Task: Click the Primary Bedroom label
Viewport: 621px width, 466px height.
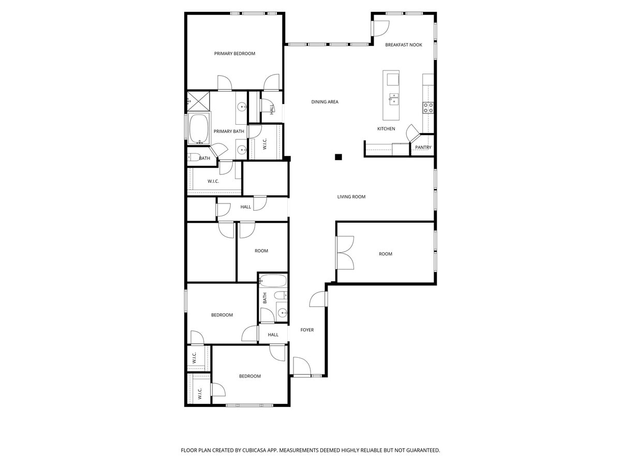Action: point(234,53)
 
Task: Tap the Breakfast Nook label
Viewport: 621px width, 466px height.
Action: point(404,45)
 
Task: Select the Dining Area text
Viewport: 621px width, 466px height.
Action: point(324,102)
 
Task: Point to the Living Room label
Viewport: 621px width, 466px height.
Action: point(351,197)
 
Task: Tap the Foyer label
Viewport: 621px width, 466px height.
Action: point(307,330)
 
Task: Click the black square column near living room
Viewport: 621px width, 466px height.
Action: point(338,157)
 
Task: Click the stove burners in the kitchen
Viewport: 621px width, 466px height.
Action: point(428,108)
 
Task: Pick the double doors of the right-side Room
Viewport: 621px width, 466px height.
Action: point(345,253)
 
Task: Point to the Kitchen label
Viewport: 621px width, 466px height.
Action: point(386,129)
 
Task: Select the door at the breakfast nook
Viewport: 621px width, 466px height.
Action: point(380,28)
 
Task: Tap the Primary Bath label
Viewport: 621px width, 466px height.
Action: point(229,132)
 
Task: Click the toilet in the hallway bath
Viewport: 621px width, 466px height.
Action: point(279,296)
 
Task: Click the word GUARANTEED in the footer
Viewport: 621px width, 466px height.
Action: point(421,450)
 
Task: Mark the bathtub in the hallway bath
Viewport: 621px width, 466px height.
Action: point(273,281)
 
